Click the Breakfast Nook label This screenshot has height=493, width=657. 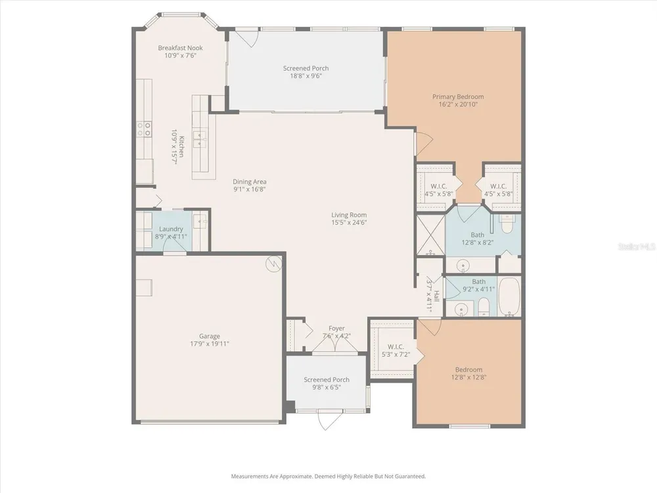pyautogui.click(x=180, y=48)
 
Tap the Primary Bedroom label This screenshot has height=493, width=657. pyautogui.click(x=458, y=97)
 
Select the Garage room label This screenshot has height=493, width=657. pyautogui.click(x=210, y=336)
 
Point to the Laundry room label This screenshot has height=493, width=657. pyautogui.click(x=171, y=229)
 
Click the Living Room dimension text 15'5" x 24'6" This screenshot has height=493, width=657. pyautogui.click(x=349, y=223)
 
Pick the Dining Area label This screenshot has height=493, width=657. pyautogui.click(x=250, y=182)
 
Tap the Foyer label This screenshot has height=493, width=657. pyautogui.click(x=337, y=329)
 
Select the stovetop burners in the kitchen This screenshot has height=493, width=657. pyautogui.click(x=144, y=129)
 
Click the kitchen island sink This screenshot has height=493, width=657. pyautogui.click(x=200, y=139)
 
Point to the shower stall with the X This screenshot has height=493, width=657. pyautogui.click(x=430, y=235)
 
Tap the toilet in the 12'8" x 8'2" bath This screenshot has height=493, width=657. pyautogui.click(x=507, y=224)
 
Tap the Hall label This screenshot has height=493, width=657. pyautogui.click(x=436, y=296)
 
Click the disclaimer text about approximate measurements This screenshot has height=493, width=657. pyautogui.click(x=328, y=476)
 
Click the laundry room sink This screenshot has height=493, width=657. pyautogui.click(x=200, y=220)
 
